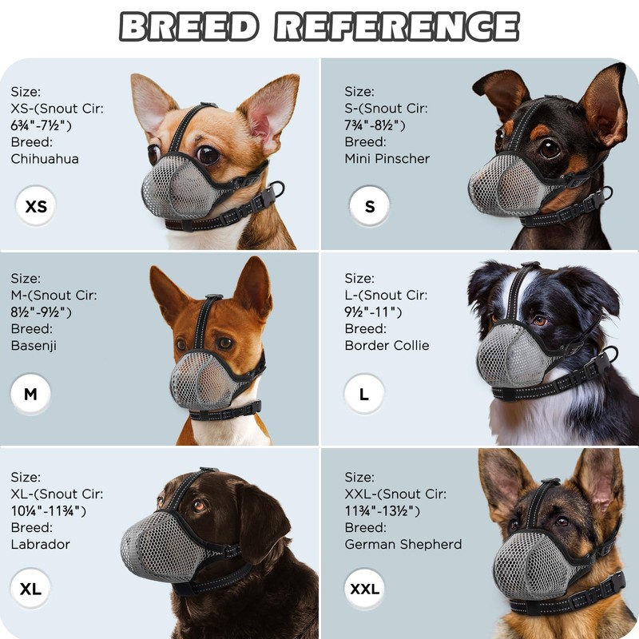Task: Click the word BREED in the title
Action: tap(189, 26)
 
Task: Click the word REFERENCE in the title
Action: tap(396, 26)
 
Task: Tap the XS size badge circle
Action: tap(36, 207)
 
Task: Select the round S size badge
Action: tap(369, 207)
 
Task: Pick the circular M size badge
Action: tap(30, 394)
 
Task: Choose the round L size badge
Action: tap(364, 394)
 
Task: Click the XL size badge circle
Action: tap(30, 589)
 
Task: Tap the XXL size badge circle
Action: tap(365, 589)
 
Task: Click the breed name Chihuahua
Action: tap(45, 158)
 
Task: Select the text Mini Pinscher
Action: tap(387, 158)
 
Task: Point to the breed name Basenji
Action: tap(34, 345)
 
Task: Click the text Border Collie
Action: tap(387, 345)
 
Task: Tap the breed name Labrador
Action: tap(41, 544)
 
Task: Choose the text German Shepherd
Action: tap(403, 544)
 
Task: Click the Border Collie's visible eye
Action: tap(541, 320)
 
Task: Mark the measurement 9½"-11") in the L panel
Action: tap(374, 312)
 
